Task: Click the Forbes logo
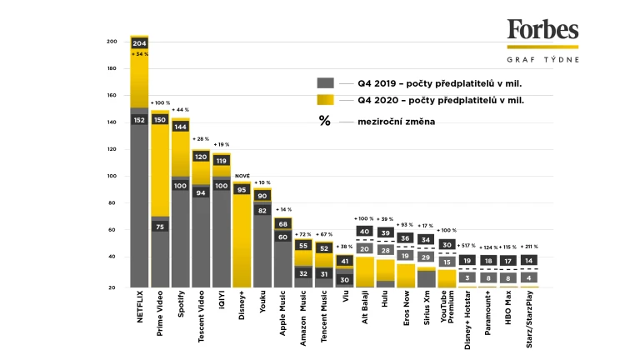click(542, 31)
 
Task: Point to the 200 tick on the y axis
click(112, 42)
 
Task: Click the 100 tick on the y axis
click(112, 177)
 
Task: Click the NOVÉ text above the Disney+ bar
click(242, 176)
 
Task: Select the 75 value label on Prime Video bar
click(161, 226)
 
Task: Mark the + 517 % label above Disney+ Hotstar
click(469, 247)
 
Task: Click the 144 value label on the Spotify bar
click(181, 127)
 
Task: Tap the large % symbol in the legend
click(324, 121)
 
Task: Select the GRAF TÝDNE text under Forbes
click(542, 59)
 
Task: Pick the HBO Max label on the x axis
click(510, 309)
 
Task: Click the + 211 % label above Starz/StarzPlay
click(531, 247)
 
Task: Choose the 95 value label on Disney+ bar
click(242, 190)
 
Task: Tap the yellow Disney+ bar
click(242, 242)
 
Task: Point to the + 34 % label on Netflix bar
click(139, 54)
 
